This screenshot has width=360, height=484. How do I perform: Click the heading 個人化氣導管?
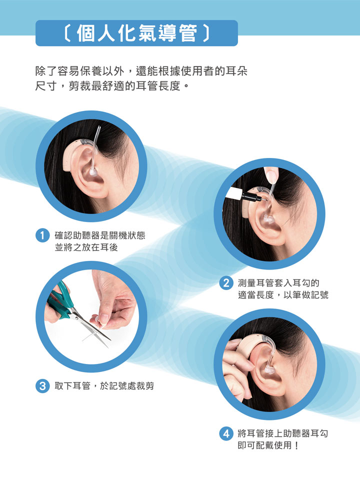pos(137,33)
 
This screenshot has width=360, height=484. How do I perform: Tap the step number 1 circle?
pos(42,235)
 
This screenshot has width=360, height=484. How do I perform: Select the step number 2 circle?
pos(226,282)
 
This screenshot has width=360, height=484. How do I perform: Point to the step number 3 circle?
pos(42,386)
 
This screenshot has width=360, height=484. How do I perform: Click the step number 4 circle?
pos(226,433)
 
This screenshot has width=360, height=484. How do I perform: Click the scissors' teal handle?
pos(60,301)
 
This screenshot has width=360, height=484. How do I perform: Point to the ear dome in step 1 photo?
pos(92,171)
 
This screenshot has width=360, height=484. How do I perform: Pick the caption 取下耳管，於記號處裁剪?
pos(104,386)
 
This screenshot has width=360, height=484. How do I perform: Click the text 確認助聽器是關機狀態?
pos(100,235)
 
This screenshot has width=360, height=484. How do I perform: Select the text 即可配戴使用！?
pos(268,445)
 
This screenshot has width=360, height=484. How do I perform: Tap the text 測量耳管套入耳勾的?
pos(278,282)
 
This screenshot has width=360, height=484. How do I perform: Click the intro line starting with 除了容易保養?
pos(141,71)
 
